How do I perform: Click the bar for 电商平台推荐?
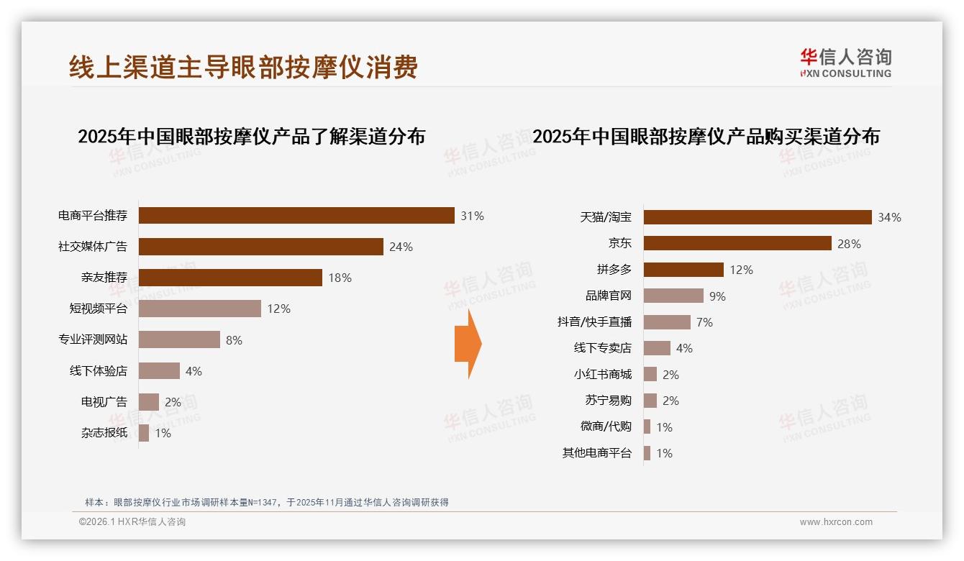coord(296,216)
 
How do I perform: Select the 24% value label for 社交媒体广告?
coord(401,247)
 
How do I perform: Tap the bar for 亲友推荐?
coord(230,278)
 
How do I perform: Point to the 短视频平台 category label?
coord(98,309)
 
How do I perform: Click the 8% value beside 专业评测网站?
coord(234,340)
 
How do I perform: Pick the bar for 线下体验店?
coord(159,371)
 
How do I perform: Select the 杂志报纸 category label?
coord(104,433)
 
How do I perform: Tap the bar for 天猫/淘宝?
coord(758,217)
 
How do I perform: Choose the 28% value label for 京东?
coord(849,244)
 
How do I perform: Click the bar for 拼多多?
coord(683,270)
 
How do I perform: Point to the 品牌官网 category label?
coord(608,296)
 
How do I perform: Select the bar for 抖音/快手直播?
coord(667,322)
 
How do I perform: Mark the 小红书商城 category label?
coord(602,374)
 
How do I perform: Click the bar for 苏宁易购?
coord(650,401)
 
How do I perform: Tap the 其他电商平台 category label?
coord(596,453)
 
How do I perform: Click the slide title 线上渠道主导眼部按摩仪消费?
coord(243,68)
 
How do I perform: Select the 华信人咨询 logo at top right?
coord(845,63)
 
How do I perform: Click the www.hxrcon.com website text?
coord(836,522)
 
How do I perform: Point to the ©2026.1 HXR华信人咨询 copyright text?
coord(132,522)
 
